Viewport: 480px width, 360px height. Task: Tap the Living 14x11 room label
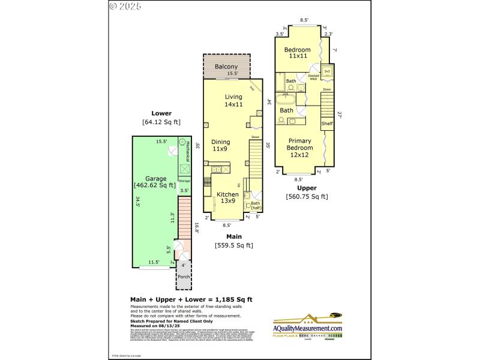(x=233, y=100)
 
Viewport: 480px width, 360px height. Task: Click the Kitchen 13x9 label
(x=227, y=198)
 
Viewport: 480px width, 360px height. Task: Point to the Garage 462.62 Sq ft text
(x=154, y=182)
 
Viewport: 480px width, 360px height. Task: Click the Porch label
(x=183, y=277)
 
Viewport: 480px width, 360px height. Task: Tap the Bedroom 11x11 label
(x=297, y=52)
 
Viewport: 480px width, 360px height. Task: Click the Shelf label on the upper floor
(x=326, y=124)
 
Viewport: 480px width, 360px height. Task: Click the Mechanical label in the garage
(x=187, y=153)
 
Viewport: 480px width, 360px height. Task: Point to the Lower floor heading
(x=161, y=113)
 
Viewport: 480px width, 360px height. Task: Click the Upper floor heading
(x=307, y=188)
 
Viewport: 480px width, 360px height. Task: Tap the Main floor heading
(x=233, y=236)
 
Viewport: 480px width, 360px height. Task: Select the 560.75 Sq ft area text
(x=307, y=196)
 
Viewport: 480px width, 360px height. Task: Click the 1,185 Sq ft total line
(x=191, y=299)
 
